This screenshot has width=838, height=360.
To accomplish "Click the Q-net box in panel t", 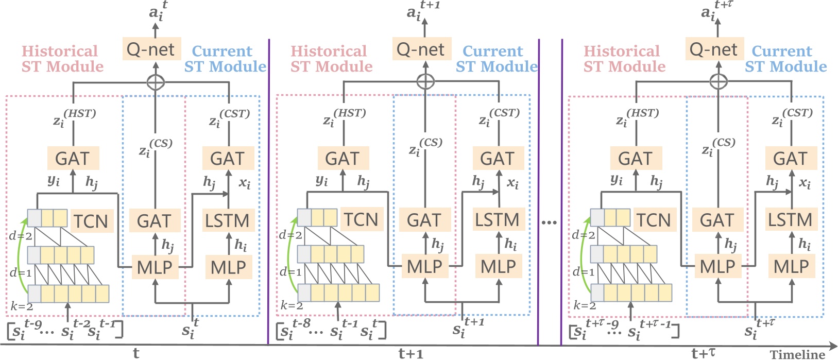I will click(151, 49).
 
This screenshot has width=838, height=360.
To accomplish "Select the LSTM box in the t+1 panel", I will click(497, 220).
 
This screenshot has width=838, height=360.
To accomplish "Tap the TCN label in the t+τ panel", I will click(654, 220).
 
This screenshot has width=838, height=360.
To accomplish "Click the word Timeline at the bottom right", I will click(797, 354).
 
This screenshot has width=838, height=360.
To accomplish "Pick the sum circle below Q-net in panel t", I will click(155, 81).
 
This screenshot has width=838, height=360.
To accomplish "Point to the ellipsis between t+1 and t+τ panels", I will click(550, 222).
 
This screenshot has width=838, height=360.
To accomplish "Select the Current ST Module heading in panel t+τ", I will click(785, 59).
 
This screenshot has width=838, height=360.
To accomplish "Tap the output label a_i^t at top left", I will click(157, 11).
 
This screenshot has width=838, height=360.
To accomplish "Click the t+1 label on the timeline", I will click(411, 353).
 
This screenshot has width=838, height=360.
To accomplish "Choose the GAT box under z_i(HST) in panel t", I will click(73, 159).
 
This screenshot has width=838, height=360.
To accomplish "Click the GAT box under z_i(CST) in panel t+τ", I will click(791, 159).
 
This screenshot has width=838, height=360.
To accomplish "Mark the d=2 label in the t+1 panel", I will click(290, 235).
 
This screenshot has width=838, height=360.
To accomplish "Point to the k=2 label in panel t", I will click(22, 306).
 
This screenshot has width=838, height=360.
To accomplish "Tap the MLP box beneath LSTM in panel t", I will click(229, 267).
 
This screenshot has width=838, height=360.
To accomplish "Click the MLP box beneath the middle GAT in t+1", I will click(425, 267).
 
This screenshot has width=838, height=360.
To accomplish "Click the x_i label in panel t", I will click(245, 183).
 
